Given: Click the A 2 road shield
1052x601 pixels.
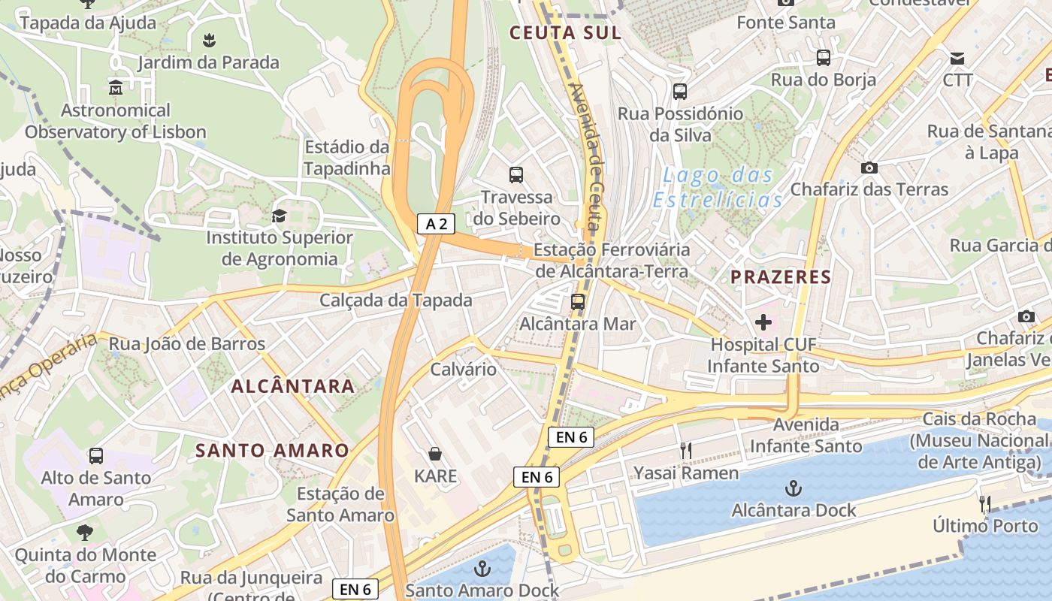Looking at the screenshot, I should [436, 223].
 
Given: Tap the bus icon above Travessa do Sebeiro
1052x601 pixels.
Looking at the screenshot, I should [516, 175].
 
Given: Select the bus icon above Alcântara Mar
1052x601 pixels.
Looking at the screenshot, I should [578, 302].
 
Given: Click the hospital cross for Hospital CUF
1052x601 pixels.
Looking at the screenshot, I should [763, 323].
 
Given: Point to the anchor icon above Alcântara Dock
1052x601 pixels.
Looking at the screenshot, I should [794, 489].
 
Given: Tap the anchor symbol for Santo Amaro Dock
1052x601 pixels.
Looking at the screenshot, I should [482, 568].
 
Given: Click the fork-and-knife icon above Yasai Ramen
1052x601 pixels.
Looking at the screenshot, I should [685, 451].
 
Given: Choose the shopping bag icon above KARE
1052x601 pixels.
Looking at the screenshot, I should [435, 454].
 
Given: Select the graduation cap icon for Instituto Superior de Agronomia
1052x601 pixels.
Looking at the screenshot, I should [280, 216].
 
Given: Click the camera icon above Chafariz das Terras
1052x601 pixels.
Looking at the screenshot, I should [869, 168].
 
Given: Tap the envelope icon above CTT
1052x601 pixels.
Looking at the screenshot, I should [957, 59].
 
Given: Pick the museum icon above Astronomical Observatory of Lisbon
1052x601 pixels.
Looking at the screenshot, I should [116, 89].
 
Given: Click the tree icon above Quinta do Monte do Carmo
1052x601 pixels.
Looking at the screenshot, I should [85, 533].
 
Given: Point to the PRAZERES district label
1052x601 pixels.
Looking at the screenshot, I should [781, 277].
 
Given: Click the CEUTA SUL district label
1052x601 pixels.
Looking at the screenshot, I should [565, 32].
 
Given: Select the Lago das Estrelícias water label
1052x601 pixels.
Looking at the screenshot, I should [718, 188].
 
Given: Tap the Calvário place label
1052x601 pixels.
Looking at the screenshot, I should [463, 369].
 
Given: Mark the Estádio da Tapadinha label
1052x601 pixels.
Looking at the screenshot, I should [347, 157].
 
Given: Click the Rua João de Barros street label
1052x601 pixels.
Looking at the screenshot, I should [187, 344].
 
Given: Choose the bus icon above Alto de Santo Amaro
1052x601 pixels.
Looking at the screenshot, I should [96, 455].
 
